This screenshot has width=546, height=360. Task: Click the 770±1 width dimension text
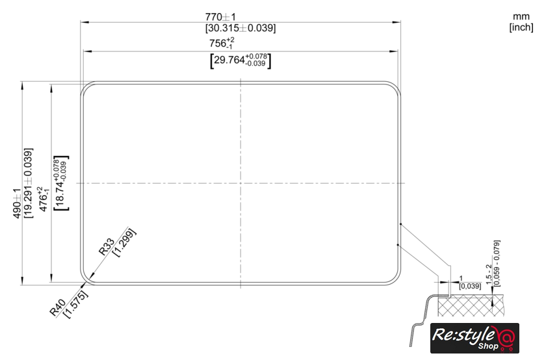(220, 17)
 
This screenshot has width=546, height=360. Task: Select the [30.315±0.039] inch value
(240, 28)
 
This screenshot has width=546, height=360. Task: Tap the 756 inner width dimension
(222, 43)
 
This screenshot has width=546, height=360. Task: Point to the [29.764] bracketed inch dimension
(240, 60)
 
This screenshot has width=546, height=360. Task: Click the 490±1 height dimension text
(17, 203)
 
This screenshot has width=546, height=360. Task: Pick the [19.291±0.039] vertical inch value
(28, 183)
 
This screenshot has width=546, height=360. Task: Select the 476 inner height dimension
(44, 199)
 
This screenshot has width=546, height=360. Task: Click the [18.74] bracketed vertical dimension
(61, 183)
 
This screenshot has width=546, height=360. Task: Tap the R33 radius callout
(107, 246)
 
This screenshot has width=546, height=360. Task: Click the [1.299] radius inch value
(124, 242)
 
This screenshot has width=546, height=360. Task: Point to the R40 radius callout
(57, 308)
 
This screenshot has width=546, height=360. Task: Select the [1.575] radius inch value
(76, 304)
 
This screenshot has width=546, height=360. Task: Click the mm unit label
(521, 17)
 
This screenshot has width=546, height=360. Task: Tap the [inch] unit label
(521, 27)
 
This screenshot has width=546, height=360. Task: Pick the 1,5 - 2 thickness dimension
(489, 274)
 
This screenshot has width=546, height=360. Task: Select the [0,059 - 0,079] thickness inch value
(497, 263)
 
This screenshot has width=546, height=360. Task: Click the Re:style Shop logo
(474, 338)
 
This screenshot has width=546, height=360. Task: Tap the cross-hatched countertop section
(471, 305)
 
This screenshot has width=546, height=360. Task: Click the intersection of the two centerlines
(240, 183)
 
